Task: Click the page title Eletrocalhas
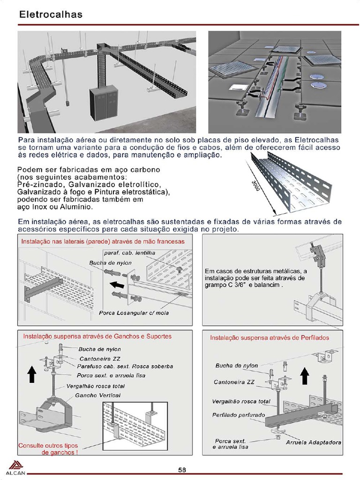(51, 15)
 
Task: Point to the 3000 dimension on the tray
(255, 190)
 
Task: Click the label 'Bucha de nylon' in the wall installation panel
(111, 263)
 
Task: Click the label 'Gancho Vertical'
(97, 395)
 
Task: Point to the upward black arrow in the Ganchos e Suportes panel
(31, 374)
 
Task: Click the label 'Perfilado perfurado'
(238, 415)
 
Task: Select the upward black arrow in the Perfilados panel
(304, 376)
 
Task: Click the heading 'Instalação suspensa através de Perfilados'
(270, 337)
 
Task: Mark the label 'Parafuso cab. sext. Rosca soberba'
(125, 366)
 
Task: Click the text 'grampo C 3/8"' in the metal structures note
(225, 285)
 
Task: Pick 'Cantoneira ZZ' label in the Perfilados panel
(234, 382)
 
